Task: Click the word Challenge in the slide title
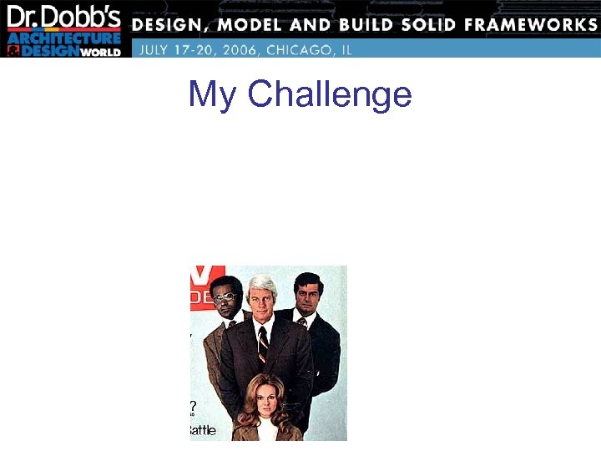tap(330, 95)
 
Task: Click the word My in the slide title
tap(212, 95)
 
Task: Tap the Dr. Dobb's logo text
tap(65, 18)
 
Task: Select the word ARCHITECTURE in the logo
tap(65, 38)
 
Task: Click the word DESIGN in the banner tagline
tap(171, 24)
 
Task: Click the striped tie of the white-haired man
tap(263, 342)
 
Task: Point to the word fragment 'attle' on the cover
tap(202, 430)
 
